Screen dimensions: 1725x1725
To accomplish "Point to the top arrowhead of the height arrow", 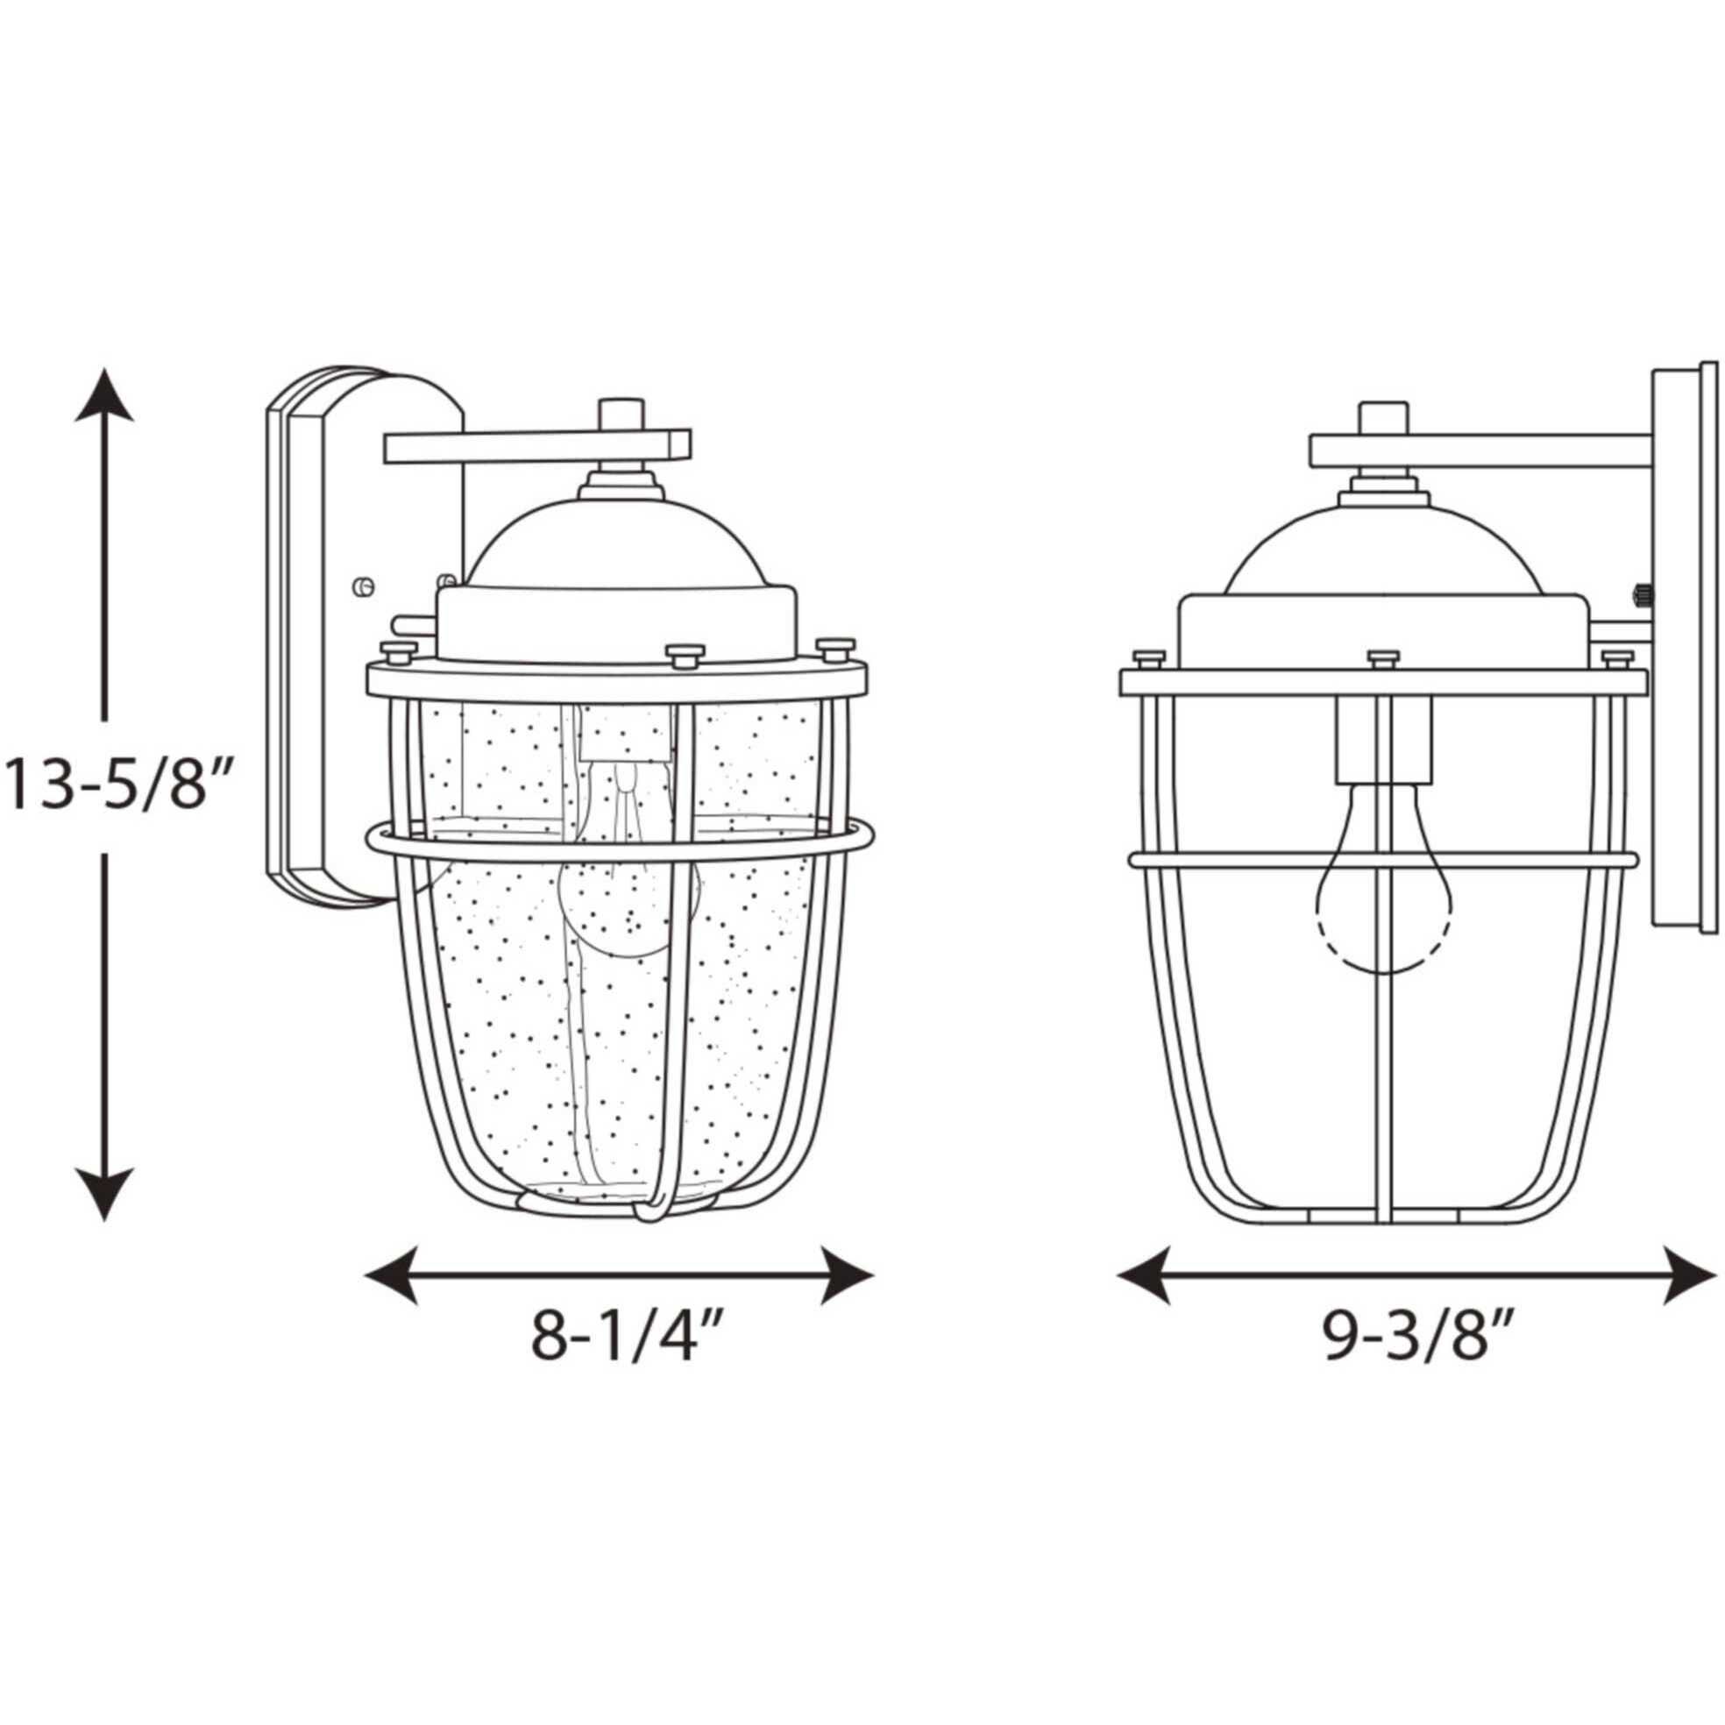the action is (104, 394).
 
